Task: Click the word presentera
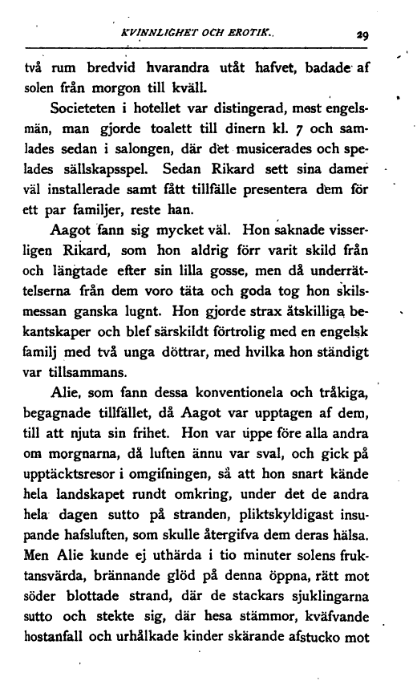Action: pos(279,190)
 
